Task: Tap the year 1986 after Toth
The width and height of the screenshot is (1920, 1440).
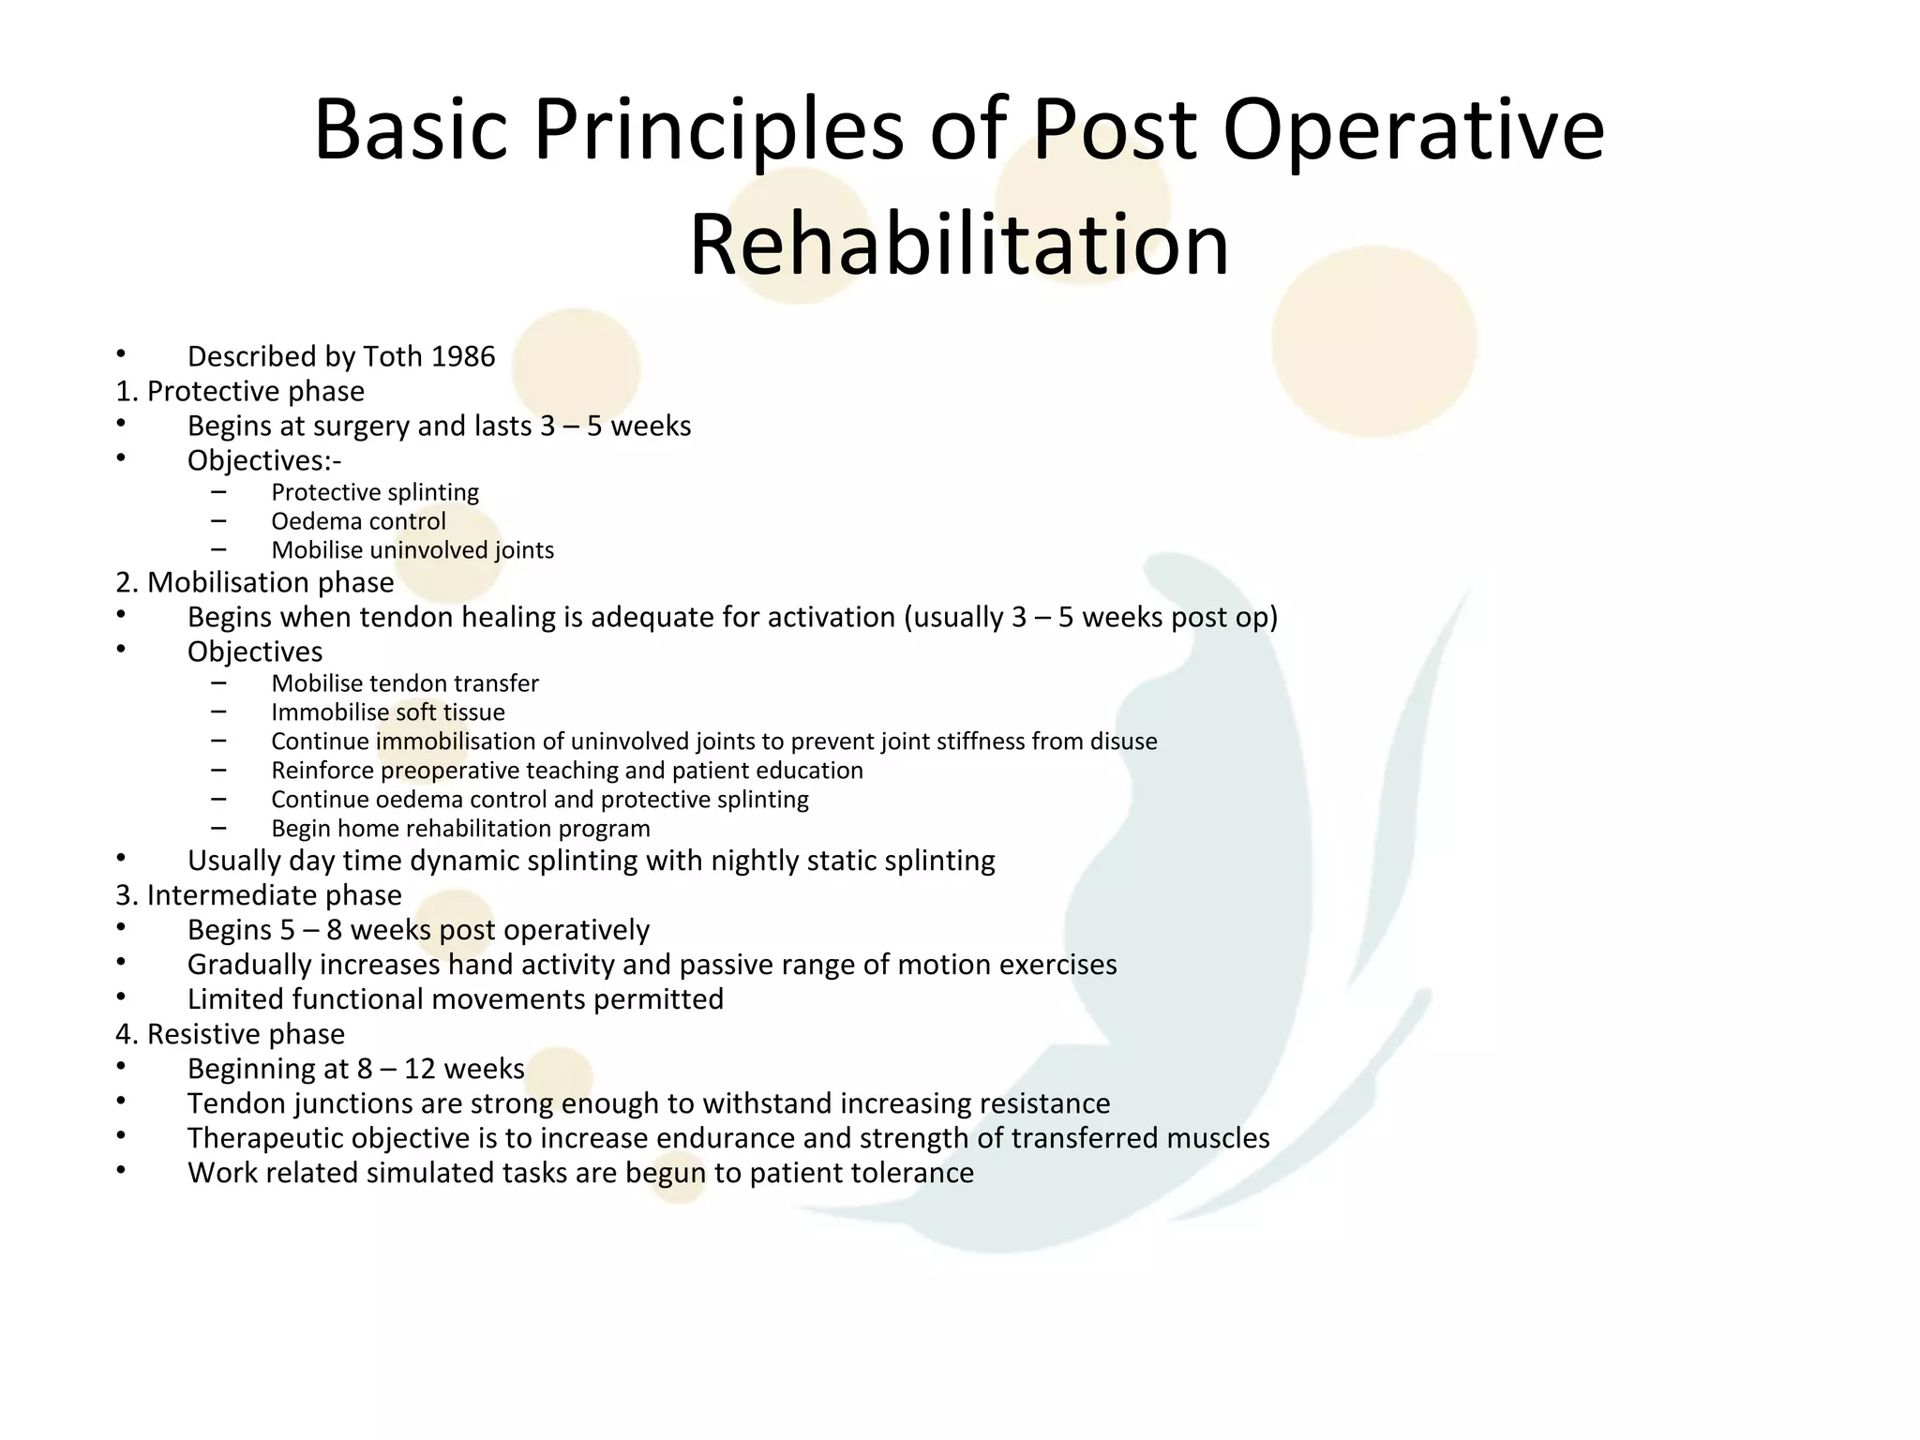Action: (463, 357)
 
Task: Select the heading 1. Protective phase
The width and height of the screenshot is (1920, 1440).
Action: (240, 391)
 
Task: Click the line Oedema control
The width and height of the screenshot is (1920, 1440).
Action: (358, 521)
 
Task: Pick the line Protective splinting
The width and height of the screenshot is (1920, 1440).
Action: (374, 492)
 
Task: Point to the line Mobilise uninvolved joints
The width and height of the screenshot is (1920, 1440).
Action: (412, 550)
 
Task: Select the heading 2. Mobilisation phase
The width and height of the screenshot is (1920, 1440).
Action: (254, 582)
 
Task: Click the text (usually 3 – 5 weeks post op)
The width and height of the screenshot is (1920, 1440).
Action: (1090, 617)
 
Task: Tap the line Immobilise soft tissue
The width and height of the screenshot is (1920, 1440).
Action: (387, 712)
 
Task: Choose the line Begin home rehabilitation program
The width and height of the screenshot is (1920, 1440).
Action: (460, 829)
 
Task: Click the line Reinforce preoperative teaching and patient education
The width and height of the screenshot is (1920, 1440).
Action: (566, 771)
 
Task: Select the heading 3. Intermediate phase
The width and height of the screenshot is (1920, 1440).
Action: (258, 895)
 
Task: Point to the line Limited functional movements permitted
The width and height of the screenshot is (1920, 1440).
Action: (455, 999)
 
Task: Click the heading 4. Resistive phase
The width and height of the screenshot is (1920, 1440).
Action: (230, 1034)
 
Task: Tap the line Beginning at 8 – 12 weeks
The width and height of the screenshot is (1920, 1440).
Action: (355, 1069)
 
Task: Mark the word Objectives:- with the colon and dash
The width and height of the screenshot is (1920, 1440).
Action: (264, 461)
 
